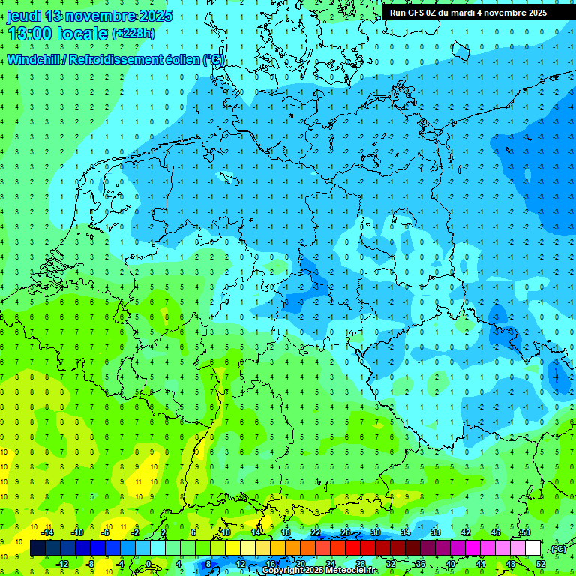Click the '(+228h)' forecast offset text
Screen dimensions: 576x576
[133, 33]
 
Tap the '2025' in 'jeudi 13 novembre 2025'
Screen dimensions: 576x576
[154, 16]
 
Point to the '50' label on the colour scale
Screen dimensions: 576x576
[525, 532]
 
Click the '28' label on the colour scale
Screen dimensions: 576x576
[360, 564]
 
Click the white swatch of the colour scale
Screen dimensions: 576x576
[532, 548]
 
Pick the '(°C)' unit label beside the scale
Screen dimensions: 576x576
[558, 549]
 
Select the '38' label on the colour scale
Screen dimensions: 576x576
[435, 532]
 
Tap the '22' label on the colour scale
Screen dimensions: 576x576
[315, 532]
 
